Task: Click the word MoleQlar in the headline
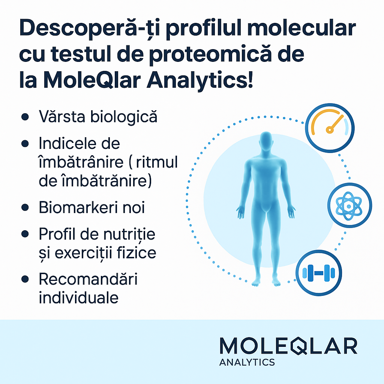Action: click(92, 80)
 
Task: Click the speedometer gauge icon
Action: click(330, 128)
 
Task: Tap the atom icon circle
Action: click(349, 205)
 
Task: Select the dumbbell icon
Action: click(319, 273)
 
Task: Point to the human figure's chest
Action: click(266, 171)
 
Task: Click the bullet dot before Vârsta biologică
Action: click(25, 117)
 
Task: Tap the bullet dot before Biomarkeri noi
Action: click(25, 207)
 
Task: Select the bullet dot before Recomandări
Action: click(25, 279)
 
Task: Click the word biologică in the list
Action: click(124, 117)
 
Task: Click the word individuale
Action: click(79, 297)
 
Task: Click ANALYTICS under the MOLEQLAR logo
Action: click(247, 362)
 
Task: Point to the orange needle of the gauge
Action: click(335, 124)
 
